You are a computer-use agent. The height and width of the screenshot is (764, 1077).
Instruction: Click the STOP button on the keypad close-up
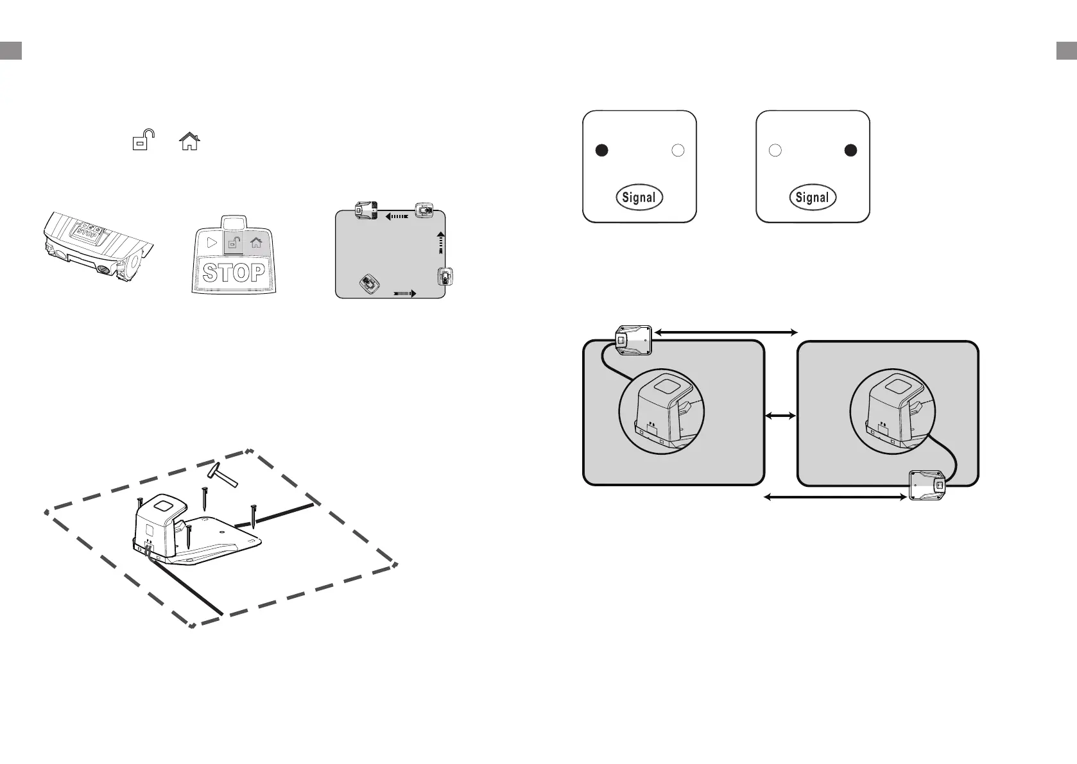234,273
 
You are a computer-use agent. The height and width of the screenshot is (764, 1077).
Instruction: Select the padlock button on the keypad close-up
234,242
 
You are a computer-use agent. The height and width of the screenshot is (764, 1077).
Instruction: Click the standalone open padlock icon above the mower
143,140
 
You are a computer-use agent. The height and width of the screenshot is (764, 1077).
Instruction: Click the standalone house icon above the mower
189,140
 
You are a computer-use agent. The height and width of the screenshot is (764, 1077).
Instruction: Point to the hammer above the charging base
223,475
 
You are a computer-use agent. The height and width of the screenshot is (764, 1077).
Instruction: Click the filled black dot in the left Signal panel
601,150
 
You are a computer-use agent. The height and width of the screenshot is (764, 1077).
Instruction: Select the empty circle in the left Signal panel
678,150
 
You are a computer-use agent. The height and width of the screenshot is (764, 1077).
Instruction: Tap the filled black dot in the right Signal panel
850,150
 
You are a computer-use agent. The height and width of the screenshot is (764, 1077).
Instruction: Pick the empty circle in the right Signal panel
775,150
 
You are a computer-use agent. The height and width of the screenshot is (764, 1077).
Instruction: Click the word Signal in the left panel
639,198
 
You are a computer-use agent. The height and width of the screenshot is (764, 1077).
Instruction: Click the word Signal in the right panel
812,198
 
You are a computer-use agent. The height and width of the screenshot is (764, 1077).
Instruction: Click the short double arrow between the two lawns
780,416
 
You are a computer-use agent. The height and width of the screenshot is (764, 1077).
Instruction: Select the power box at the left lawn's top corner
633,340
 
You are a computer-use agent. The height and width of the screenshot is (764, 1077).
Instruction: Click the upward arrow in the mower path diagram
440,242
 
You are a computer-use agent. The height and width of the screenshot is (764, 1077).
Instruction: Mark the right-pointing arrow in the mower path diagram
404,293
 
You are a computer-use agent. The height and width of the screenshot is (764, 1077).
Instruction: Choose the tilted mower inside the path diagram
369,283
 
